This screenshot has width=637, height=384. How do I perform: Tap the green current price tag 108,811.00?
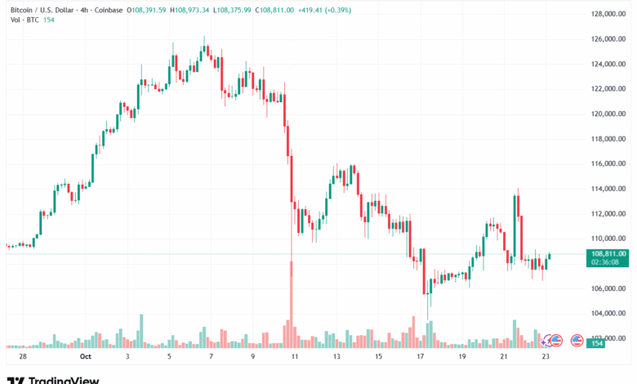click(608, 254)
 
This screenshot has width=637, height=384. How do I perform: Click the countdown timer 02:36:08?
click(608, 262)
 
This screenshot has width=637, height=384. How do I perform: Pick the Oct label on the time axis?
click(86, 357)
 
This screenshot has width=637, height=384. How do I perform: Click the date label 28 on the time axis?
click(23, 357)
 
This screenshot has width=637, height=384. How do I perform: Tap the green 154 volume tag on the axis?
click(597, 344)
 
